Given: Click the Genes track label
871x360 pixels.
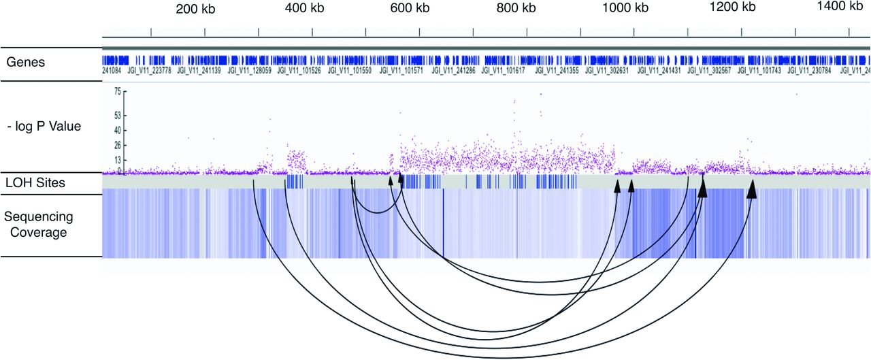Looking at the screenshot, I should click(x=26, y=63).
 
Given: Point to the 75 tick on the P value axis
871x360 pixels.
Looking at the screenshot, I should click(x=117, y=91).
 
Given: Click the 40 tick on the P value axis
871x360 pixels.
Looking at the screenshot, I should click(x=117, y=130).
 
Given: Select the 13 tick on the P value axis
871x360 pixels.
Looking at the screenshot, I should click(x=117, y=161).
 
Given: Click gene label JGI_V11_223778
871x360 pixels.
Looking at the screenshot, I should click(x=147, y=69).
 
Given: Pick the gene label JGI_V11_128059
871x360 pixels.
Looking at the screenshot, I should click(x=250, y=69).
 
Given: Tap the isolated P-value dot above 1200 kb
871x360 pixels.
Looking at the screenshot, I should click(x=796, y=94).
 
